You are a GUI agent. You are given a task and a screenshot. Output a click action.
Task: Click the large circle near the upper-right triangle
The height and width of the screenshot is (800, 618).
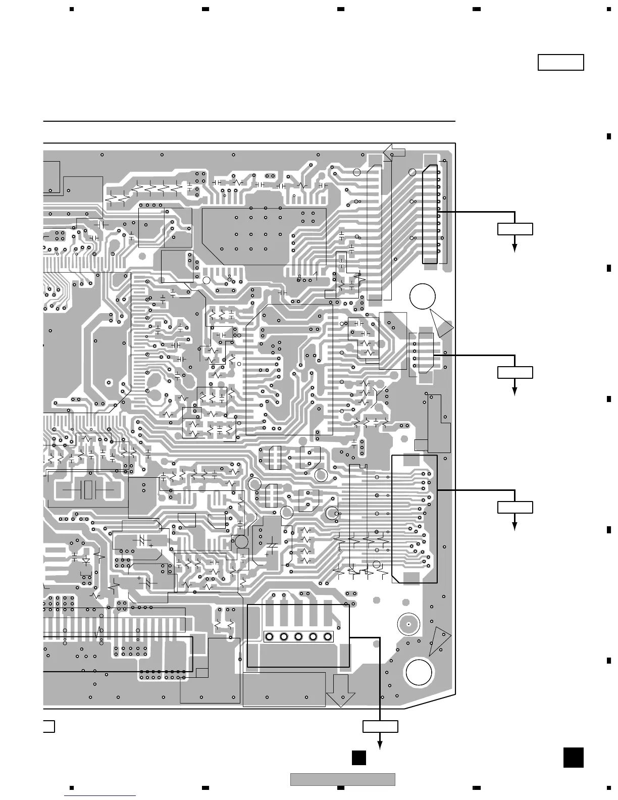[423, 296]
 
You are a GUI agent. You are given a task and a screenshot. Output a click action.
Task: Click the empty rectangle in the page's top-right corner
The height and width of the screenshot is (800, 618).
[560, 62]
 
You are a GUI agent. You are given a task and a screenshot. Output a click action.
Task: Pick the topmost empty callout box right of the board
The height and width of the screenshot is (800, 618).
[515, 228]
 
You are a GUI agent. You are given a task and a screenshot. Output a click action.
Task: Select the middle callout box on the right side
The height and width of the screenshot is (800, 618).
[515, 372]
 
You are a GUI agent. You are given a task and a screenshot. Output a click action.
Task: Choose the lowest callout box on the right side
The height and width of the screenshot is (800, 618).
[515, 507]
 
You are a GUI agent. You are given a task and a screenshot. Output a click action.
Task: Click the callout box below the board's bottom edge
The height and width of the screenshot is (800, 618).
[380, 726]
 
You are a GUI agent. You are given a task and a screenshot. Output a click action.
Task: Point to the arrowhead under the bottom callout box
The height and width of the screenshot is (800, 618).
[380, 746]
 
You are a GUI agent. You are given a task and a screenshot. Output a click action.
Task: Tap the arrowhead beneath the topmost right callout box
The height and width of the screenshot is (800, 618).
[515, 247]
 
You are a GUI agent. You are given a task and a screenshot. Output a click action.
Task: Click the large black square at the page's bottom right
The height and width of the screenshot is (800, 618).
[573, 758]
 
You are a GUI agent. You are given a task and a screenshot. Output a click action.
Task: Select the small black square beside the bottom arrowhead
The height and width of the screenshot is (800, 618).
[358, 758]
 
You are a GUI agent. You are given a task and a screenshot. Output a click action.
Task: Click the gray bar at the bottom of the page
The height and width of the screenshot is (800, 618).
[342, 779]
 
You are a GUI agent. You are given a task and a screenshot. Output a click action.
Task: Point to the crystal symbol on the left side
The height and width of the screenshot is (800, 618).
[89, 489]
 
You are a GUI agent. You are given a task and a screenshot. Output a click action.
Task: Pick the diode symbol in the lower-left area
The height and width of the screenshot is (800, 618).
[86, 560]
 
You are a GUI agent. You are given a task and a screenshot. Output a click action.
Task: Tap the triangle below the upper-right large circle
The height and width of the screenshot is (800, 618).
[442, 324]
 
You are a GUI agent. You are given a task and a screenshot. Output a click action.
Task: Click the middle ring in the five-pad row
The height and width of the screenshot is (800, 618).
[298, 636]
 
